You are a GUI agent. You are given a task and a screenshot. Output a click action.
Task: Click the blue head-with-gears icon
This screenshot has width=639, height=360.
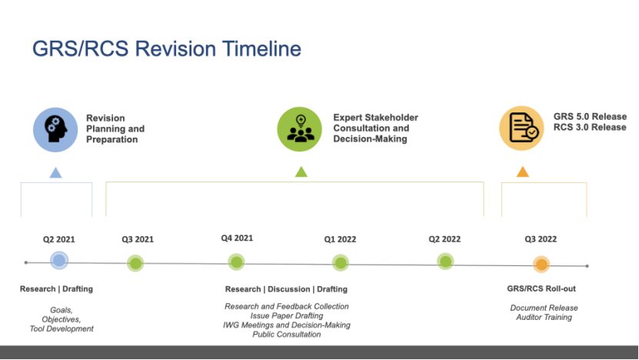point(55,130)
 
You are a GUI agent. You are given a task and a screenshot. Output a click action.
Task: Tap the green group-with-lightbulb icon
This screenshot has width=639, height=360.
point(300,129)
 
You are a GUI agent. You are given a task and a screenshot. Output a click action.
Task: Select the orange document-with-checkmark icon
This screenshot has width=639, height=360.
point(521,128)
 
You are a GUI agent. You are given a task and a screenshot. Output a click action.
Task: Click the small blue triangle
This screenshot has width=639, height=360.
point(56,173)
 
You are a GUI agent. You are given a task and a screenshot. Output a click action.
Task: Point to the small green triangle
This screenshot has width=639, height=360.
point(301,172)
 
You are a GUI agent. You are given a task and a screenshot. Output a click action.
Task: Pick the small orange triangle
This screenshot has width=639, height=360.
point(523,172)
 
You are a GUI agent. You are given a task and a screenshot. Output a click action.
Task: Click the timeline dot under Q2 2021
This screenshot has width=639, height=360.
point(59,261)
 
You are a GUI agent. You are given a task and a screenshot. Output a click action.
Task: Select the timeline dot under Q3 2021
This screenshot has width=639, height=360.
point(135,263)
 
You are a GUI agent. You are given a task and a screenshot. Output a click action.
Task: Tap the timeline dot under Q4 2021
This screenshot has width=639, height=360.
point(236,262)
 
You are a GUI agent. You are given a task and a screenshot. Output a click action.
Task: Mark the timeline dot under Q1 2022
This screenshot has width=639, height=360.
point(341,262)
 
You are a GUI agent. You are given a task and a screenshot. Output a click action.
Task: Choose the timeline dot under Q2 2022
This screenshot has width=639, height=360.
point(445,262)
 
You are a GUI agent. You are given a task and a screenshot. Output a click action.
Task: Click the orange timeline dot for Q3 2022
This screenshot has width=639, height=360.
point(541,264)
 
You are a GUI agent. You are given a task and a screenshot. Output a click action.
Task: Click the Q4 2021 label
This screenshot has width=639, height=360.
point(237,238)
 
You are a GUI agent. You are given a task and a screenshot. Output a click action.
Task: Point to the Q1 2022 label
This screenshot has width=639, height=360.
point(341,239)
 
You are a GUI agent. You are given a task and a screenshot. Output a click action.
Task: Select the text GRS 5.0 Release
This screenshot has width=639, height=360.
point(590,117)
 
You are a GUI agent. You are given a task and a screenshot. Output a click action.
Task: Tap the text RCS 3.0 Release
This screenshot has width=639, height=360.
point(590,127)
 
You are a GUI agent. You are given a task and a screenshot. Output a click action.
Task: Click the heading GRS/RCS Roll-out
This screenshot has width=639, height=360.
point(541,288)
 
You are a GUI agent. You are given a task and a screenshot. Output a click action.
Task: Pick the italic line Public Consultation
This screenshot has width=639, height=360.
point(287,335)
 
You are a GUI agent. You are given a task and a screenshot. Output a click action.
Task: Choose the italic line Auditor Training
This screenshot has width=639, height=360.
point(544,317)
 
